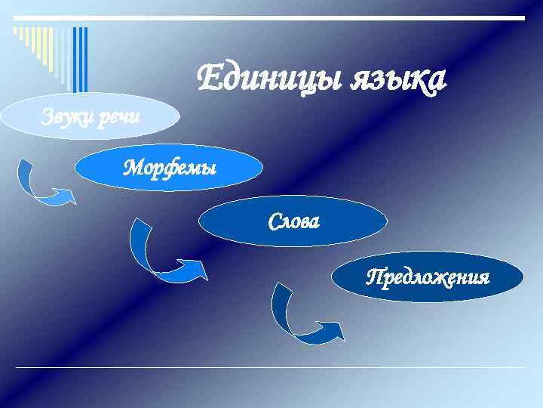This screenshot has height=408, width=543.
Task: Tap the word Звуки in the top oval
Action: [66, 116]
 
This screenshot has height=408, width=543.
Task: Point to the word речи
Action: [120, 117]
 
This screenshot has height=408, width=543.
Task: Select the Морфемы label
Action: [170, 166]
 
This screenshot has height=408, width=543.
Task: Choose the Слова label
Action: [294, 221]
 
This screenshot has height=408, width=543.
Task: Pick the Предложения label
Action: [428, 277]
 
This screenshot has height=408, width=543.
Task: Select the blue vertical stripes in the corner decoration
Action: [80, 57]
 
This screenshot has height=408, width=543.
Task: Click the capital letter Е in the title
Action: [208, 77]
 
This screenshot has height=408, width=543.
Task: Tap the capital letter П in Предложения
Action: [373, 277]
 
